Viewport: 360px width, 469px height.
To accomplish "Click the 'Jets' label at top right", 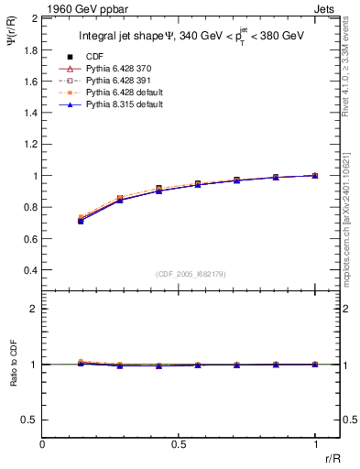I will tap(326, 8).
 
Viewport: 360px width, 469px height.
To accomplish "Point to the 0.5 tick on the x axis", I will tap(179, 444).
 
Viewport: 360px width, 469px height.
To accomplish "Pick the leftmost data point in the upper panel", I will tap(81, 220).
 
